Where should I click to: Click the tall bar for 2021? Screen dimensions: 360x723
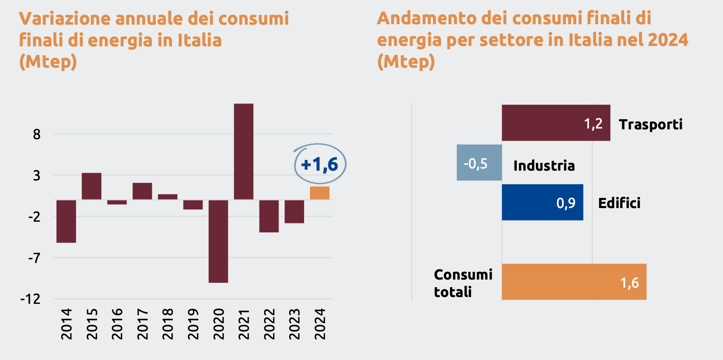click(x=244, y=151)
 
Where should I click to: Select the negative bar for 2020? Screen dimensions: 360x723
click(x=218, y=241)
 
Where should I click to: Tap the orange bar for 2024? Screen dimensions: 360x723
click(x=319, y=193)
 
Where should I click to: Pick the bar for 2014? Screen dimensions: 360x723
click(x=66, y=221)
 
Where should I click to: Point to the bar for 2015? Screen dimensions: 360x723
click(x=91, y=186)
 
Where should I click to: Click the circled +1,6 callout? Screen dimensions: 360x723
click(x=320, y=164)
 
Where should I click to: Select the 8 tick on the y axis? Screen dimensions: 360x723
click(x=37, y=134)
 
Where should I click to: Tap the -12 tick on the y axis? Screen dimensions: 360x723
click(x=31, y=299)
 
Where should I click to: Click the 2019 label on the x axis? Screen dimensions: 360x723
click(x=193, y=324)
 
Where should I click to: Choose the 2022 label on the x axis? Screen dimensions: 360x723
click(x=269, y=324)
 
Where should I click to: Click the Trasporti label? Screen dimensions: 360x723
click(x=650, y=124)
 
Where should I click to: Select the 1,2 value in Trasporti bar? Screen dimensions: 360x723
click(x=593, y=124)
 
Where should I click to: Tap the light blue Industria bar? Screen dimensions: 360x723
click(x=479, y=163)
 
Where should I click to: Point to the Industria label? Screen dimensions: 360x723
click(x=544, y=166)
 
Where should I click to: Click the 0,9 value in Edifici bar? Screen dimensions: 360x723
click(x=566, y=203)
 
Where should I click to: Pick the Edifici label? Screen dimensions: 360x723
click(x=619, y=203)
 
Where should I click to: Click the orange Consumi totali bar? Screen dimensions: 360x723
click(x=574, y=282)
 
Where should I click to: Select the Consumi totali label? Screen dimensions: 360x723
click(x=463, y=283)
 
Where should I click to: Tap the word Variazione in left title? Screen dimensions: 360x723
click(x=65, y=19)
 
